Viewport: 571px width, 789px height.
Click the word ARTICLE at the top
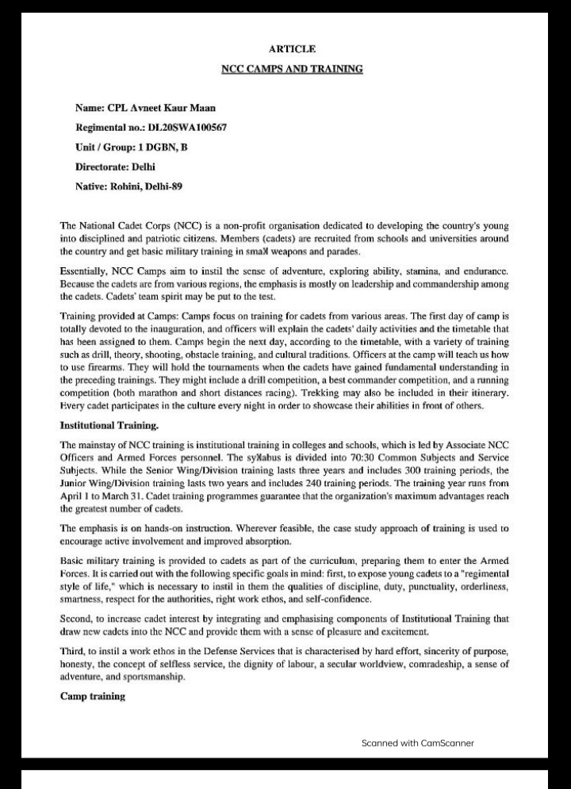click(292, 49)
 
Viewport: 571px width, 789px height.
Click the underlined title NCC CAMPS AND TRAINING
click(292, 69)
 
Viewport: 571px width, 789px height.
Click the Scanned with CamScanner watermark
click(417, 743)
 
